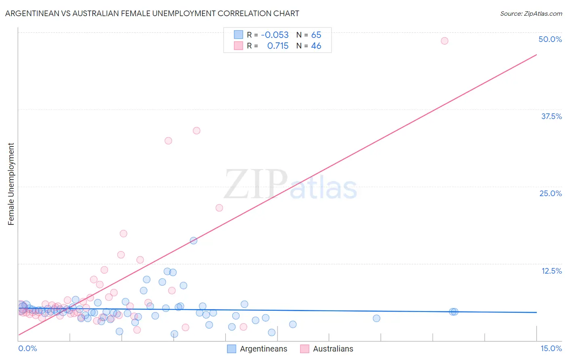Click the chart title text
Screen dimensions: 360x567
[152, 13]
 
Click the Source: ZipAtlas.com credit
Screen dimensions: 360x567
[531, 13]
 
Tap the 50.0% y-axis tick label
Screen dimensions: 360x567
[550, 39]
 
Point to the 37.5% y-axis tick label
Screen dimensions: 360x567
[551, 116]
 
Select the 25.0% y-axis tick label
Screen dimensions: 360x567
[550, 193]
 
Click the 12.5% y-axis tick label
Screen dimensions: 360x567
[551, 271]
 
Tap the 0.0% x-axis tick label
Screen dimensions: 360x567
[27, 348]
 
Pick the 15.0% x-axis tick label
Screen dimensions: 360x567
[551, 348]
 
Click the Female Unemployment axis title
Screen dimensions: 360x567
[11, 184]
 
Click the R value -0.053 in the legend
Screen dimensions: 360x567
[275, 35]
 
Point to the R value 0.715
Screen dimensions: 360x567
[278, 46]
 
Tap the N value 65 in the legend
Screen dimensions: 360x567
[316, 35]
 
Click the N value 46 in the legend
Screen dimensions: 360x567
[316, 46]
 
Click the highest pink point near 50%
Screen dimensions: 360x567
[444, 41]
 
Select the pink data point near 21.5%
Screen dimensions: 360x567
[219, 208]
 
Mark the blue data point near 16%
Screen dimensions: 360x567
[194, 241]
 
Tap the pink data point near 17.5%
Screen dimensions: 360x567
[123, 234]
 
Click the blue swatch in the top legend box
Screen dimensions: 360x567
[238, 35]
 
